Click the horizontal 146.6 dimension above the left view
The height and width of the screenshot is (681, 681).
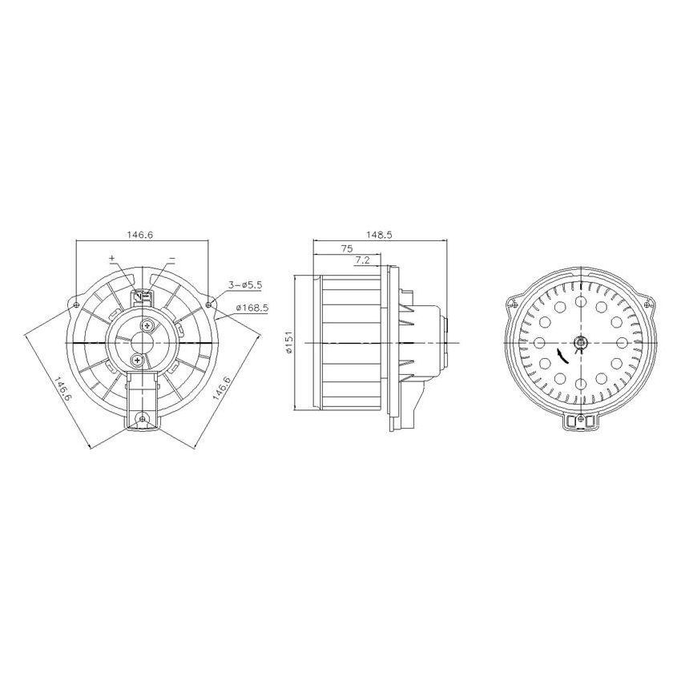pos(139,235)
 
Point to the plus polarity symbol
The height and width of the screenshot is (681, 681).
pos(111,259)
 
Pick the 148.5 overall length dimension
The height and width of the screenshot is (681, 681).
pos(379,235)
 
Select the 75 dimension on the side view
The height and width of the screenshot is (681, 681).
pos(346,248)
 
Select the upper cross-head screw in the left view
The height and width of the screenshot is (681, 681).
pos(149,326)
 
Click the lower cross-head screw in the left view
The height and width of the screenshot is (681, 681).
pos(139,362)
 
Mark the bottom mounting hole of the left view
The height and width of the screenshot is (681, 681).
pos(143,418)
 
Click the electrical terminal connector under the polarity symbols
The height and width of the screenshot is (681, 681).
pos(143,297)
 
